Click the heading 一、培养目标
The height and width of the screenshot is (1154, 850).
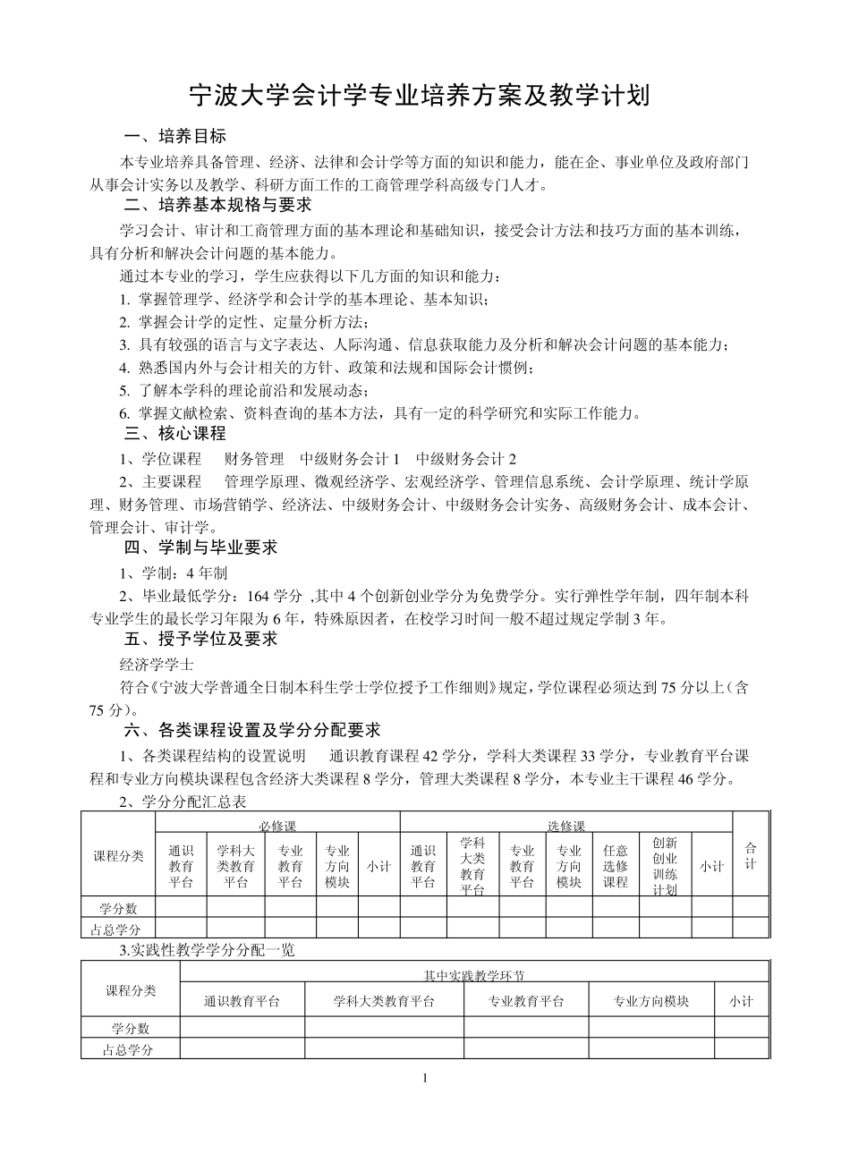pos(174,137)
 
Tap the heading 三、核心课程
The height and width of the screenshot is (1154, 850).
pos(174,434)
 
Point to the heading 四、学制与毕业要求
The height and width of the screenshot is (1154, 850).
pos(200,547)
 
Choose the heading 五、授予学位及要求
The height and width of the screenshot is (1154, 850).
pos(200,640)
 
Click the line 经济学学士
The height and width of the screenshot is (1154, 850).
pos(157,664)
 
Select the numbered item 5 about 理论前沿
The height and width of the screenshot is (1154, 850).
pos(243,391)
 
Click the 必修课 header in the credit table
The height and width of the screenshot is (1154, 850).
pos(277,825)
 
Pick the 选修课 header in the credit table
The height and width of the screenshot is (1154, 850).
pos(565,825)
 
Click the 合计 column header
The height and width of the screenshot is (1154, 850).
pos(751,855)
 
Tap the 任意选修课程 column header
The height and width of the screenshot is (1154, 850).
pos(615,866)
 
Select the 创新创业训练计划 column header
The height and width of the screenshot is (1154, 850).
pos(665,866)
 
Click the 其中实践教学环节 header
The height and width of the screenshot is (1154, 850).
pos(474,975)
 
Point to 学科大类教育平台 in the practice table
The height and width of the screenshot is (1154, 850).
pos(384,1001)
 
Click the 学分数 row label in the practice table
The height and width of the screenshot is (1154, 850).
pos(131,1029)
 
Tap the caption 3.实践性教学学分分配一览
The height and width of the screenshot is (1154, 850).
pos(207,951)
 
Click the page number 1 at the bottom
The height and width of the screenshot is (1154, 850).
pos(426,1077)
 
